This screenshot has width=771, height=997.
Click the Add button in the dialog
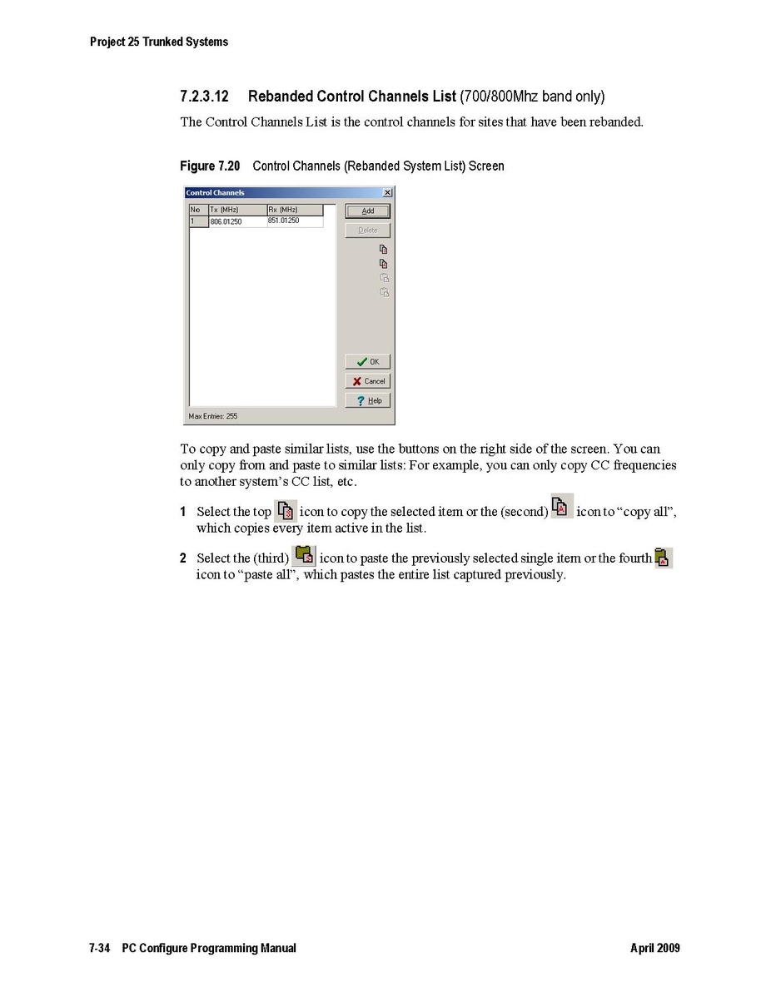(367, 211)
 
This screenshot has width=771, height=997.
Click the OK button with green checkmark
(367, 362)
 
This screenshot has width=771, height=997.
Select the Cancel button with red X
(367, 381)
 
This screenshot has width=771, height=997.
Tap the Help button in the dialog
(367, 400)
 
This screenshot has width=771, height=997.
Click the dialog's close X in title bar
(387, 193)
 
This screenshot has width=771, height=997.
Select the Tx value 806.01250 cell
(226, 222)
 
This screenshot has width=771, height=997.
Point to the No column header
(196, 210)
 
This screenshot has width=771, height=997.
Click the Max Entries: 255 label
(213, 416)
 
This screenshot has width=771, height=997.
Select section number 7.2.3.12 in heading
(204, 97)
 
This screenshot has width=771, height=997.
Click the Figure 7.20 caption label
(210, 166)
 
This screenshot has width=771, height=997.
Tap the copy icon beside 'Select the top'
(286, 510)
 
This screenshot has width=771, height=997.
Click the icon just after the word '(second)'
(562, 506)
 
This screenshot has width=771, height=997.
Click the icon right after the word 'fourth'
(663, 558)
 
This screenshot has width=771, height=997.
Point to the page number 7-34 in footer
(100, 948)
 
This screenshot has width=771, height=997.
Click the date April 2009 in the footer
(654, 948)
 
